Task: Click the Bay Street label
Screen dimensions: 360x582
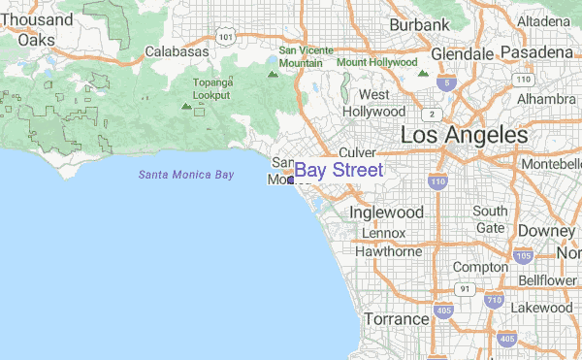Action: click(x=339, y=171)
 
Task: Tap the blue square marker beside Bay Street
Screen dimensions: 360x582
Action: click(x=290, y=180)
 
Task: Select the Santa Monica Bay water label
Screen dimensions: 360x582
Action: click(x=185, y=175)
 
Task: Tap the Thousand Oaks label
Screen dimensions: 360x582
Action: click(x=37, y=29)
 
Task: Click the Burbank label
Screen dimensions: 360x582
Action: click(x=420, y=24)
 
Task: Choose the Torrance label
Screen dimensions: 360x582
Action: click(x=396, y=318)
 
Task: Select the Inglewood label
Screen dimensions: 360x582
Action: click(x=386, y=212)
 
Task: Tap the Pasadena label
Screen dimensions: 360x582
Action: click(x=536, y=51)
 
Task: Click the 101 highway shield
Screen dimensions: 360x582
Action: click(x=226, y=37)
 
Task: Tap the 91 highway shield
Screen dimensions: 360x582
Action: click(x=466, y=289)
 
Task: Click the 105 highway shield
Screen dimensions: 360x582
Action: click(x=524, y=257)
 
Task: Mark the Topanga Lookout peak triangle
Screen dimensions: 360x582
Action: click(x=186, y=105)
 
